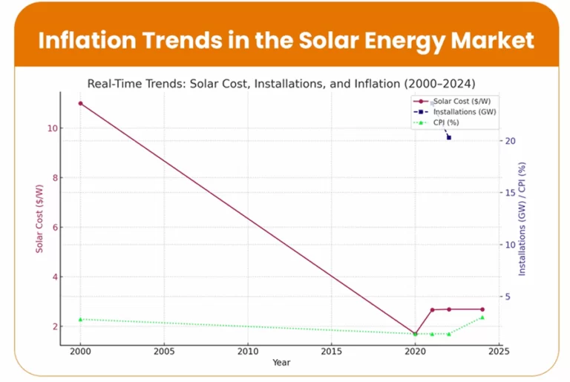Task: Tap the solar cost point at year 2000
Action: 80,103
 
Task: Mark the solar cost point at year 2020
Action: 415,334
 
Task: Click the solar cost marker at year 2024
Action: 482,309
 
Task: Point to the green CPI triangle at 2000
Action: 80,319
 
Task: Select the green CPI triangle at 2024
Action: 482,317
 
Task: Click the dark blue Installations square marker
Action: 448,137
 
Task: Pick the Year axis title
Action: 281,363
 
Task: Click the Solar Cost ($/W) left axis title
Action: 39,215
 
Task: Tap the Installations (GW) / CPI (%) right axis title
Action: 522,219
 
